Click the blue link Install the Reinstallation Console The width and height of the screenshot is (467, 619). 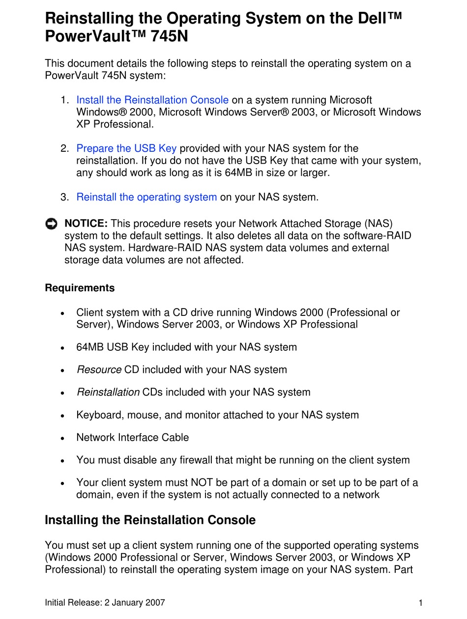click(152, 100)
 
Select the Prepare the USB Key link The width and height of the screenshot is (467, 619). click(126, 148)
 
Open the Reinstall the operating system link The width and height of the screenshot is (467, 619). click(146, 197)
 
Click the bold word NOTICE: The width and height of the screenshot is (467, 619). click(86, 224)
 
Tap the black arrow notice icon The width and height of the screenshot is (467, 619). click(51, 225)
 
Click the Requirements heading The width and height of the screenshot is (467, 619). click(80, 288)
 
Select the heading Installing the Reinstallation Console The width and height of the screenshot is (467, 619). click(150, 520)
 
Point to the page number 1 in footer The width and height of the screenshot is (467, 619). click(421, 603)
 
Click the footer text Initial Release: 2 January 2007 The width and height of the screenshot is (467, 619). click(105, 603)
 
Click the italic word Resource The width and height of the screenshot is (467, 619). click(99, 370)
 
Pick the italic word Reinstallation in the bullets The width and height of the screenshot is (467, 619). click(108, 393)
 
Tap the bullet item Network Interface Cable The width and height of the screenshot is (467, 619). click(132, 438)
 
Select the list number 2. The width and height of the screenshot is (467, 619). click(64, 148)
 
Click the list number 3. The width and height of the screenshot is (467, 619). click(64, 197)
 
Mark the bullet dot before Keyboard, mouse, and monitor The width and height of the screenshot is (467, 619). click(62, 416)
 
